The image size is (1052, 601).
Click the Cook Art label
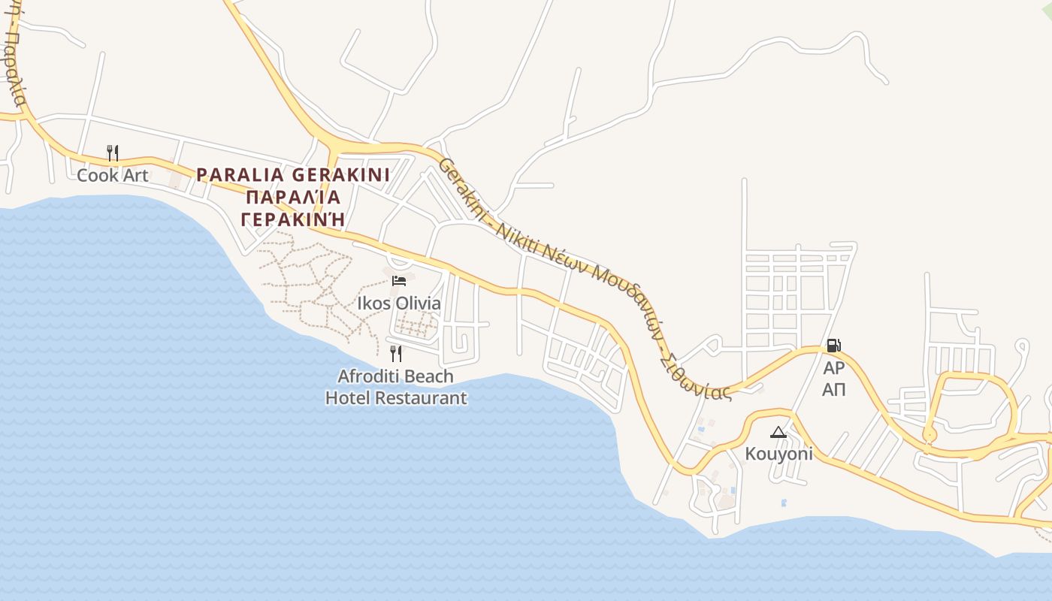click(113, 175)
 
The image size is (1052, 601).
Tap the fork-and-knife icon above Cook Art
click(113, 153)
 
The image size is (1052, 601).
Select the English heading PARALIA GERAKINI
click(293, 175)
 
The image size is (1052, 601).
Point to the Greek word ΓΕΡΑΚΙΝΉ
click(293, 219)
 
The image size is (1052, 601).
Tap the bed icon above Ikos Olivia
click(399, 281)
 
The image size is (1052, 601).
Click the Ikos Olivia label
click(399, 304)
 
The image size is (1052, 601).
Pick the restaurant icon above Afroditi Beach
click(396, 353)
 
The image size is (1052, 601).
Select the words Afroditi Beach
click(396, 376)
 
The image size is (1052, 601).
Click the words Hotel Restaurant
click(396, 398)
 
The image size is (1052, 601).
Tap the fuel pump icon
click(833, 346)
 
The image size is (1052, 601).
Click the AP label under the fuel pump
click(833, 368)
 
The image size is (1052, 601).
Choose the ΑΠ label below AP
click(833, 389)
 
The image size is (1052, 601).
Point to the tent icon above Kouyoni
click(778, 432)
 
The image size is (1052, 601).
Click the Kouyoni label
click(778, 454)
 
